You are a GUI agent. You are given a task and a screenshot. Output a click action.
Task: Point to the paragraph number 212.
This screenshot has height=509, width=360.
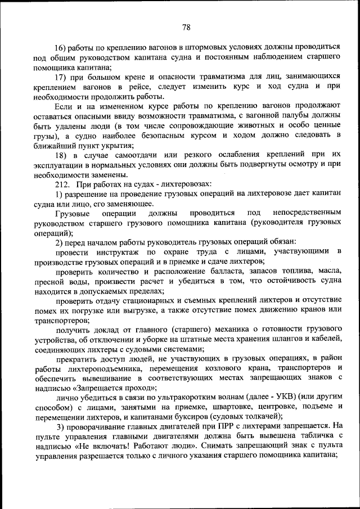(x=62, y=183)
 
